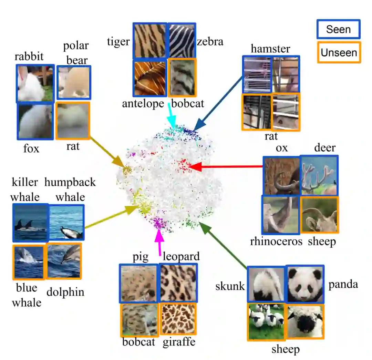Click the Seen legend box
coord(338,29)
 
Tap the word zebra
coord(210,42)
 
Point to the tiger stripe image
coord(150,41)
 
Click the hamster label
coord(270,49)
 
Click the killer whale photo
coord(30,222)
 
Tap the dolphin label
coord(65,292)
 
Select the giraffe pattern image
coord(178,319)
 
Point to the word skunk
coord(230,286)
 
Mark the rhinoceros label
coord(276,241)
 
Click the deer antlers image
coord(319,175)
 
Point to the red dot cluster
coord(182,164)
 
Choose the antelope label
coord(143,103)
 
